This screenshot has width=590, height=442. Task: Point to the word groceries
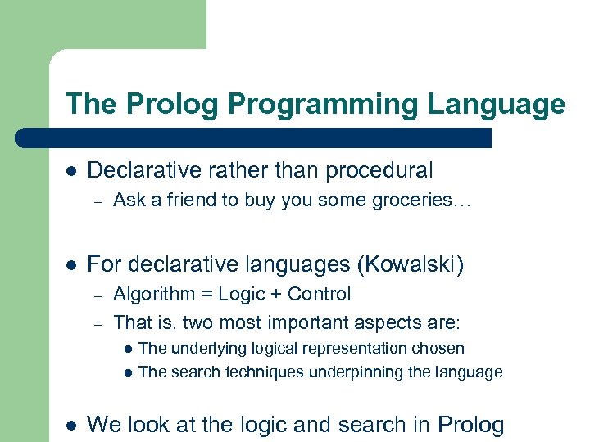click(422, 200)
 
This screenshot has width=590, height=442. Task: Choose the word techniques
click(250, 372)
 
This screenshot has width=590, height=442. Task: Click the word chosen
click(441, 348)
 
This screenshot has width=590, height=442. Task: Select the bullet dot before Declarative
click(71, 171)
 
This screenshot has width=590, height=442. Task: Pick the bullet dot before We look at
click(71, 425)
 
